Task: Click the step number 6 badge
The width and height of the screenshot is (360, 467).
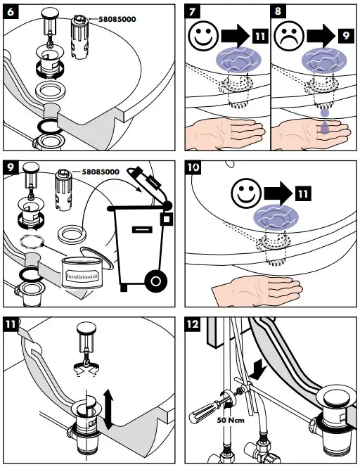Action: coord(11,12)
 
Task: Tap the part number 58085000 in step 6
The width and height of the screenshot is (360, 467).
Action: coord(117,20)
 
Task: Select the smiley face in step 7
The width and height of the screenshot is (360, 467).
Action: coord(203,36)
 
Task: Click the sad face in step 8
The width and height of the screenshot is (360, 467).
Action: coord(289,36)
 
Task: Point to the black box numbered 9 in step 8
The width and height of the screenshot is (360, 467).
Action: coord(345,36)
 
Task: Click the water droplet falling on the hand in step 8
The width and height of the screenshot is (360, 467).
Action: coord(325,127)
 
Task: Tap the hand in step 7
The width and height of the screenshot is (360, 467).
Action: coord(225,133)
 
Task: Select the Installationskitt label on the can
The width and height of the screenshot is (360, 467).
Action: coord(82,276)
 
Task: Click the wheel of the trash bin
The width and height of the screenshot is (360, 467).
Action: coord(155,281)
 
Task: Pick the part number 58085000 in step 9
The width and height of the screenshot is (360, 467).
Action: coord(101,172)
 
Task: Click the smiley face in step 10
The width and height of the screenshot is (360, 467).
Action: coord(246,193)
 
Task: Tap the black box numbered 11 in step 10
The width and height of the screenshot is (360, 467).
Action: coord(303,193)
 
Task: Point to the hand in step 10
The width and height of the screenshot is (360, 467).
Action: coord(257,291)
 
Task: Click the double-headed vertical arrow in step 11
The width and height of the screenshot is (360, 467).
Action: coord(108,411)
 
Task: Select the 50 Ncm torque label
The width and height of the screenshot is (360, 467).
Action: coord(231,421)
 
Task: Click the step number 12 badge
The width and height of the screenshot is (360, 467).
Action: coord(193,324)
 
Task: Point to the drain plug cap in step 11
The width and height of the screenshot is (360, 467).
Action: coord(86,328)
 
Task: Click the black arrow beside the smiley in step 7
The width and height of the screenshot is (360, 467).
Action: coord(236,36)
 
